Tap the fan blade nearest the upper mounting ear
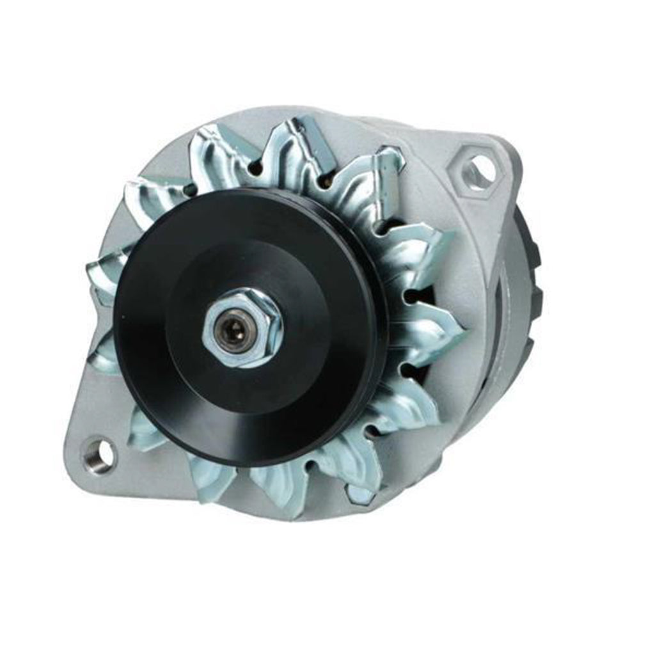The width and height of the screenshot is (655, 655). pos(384,176)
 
